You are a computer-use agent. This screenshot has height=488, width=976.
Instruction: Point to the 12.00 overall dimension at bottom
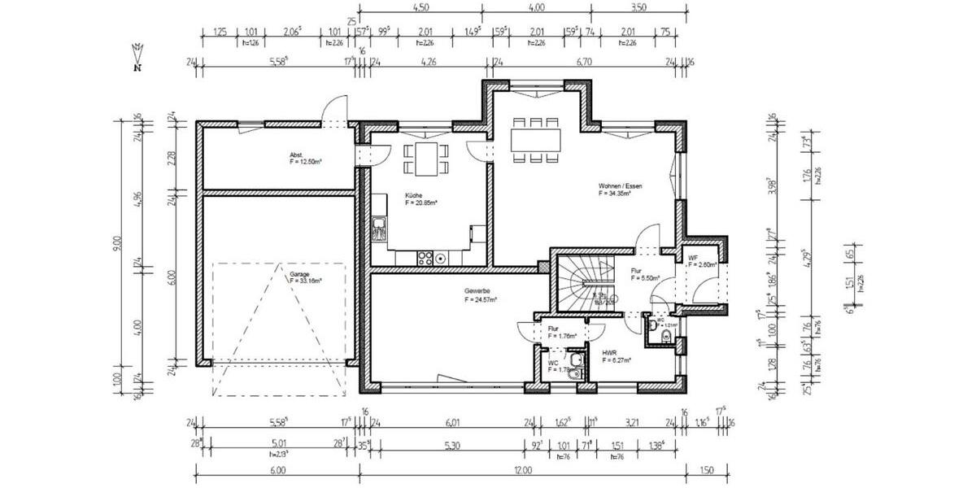coord(522,470)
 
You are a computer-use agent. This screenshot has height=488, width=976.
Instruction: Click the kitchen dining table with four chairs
coord(425,158)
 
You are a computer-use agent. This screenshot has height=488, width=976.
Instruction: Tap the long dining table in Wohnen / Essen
coord(536,139)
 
